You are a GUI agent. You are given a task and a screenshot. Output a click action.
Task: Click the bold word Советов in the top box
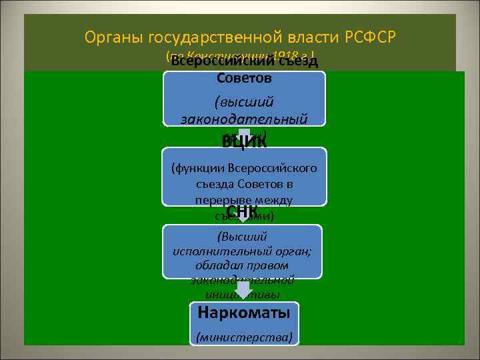pos(244,78)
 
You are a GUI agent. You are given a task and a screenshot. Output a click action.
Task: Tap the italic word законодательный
pos(244,119)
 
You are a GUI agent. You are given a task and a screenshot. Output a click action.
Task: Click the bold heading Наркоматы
pos(244,311)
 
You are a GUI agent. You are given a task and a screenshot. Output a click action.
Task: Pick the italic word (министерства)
pos(244,337)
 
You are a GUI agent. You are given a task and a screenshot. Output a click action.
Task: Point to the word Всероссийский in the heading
pos(223,61)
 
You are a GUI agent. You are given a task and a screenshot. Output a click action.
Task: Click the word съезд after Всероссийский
pos(298,61)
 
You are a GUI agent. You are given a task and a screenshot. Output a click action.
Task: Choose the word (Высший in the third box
pos(242,236)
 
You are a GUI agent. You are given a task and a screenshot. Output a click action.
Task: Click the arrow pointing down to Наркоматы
pos(244,289)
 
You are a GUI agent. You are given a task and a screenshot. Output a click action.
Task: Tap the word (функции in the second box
pos(197,168)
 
